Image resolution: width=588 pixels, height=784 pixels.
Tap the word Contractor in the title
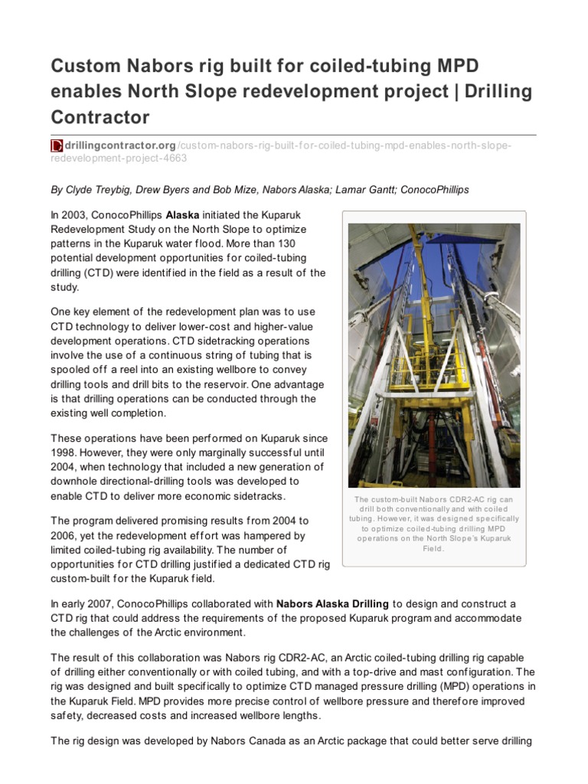click(x=100, y=117)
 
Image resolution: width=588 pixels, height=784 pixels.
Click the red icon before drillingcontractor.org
click(x=56, y=145)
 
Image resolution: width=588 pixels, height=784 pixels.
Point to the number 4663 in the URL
click(x=174, y=158)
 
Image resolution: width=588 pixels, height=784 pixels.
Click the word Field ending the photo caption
click(x=433, y=549)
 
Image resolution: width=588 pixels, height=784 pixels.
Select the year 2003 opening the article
click(x=76, y=215)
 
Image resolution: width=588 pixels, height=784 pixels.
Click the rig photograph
click(x=433, y=355)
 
